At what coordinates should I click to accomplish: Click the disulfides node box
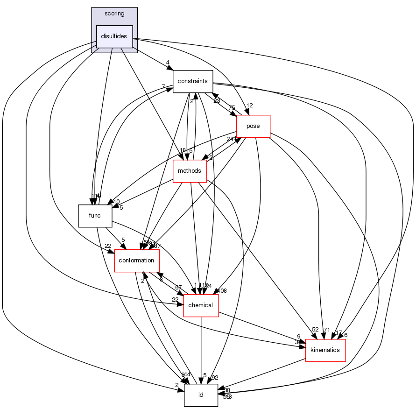coord(114,36)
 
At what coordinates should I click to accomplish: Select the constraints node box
coord(193,81)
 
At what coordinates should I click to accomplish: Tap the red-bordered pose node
coord(253,126)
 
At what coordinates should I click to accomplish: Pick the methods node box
coord(190,171)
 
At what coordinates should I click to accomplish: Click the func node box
coord(95,216)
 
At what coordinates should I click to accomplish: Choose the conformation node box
coord(137,261)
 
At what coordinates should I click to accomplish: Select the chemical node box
coord(201,305)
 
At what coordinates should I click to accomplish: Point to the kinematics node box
coord(325,350)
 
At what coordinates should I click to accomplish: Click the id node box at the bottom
coord(201,395)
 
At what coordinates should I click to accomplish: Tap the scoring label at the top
coord(114,14)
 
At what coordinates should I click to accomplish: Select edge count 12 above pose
coord(250,106)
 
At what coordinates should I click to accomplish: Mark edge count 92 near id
coord(215,378)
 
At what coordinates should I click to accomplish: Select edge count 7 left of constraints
coord(163,86)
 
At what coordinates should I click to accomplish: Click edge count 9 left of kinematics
coord(298,336)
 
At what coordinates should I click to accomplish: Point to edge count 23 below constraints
coord(217,100)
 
